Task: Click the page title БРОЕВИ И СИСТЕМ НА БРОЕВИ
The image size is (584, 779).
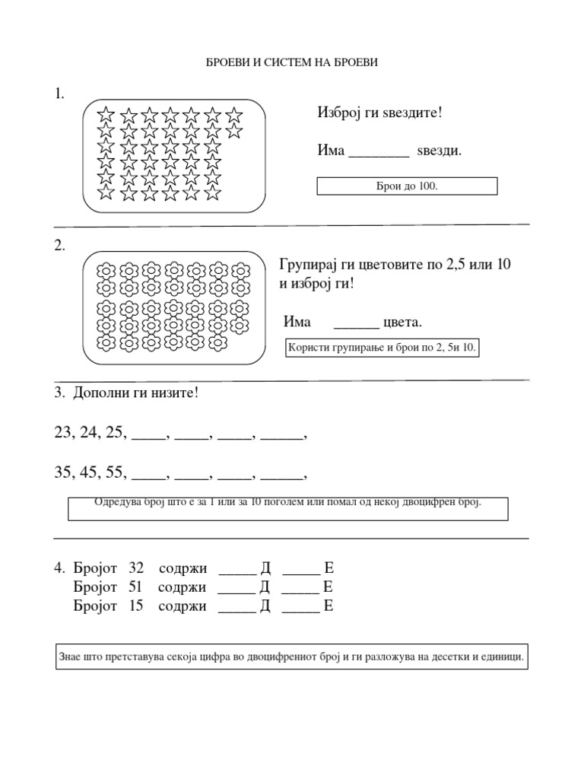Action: (292, 63)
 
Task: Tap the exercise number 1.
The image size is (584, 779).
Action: (59, 94)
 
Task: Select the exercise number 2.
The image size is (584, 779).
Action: (59, 246)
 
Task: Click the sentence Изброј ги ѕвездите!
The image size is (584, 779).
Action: (379, 113)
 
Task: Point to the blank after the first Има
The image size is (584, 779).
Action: (379, 152)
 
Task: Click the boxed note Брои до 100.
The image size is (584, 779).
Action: (407, 186)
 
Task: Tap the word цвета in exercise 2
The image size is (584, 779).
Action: (402, 323)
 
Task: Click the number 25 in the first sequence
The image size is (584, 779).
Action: (115, 433)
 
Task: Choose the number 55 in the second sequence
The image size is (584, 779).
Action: (115, 472)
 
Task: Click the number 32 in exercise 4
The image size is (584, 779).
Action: (136, 568)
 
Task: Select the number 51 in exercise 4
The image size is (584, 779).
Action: (135, 587)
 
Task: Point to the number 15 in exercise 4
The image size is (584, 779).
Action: (136, 606)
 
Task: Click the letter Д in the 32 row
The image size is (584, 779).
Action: (265, 568)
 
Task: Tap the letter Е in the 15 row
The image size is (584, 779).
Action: (328, 606)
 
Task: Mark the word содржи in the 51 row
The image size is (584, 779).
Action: (182, 587)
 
